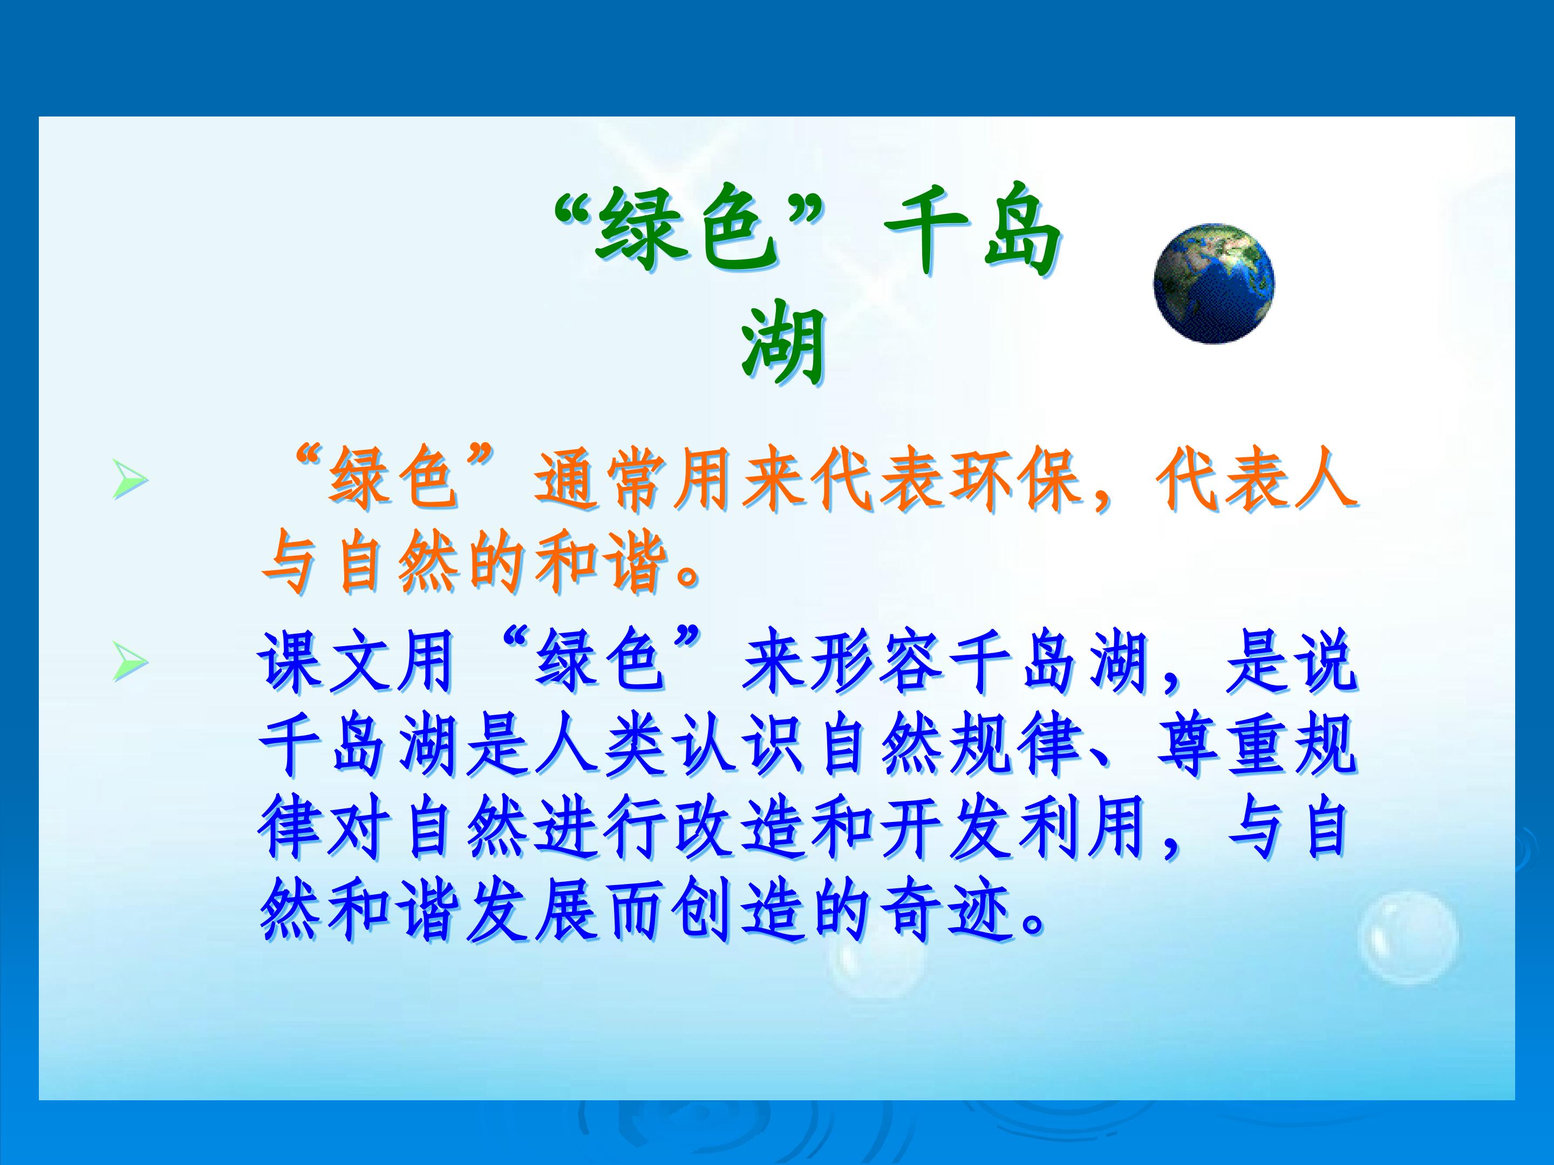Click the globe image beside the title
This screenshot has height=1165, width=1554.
point(1214,283)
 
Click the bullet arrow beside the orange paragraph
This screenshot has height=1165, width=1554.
point(131,481)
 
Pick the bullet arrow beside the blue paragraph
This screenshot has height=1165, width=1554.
point(131,662)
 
